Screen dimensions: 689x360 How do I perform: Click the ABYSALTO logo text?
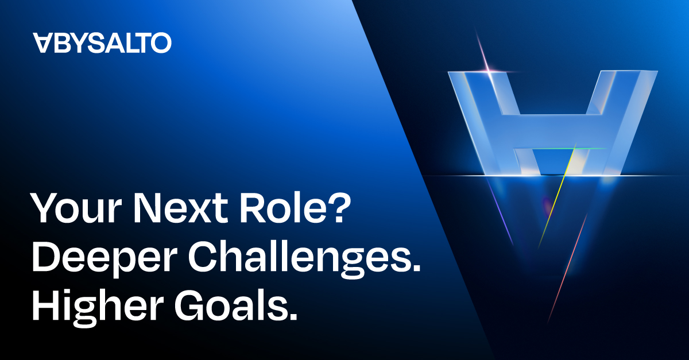pos(102,42)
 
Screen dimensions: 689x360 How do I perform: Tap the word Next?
pos(181,208)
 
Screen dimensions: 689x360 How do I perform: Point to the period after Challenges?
pos(415,267)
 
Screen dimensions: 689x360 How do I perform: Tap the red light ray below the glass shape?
pos(567,267)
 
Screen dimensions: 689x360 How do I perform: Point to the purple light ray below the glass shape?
pos(500,212)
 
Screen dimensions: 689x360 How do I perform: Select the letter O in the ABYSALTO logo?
pos(161,42)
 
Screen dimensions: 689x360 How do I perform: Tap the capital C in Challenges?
pos(203,257)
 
